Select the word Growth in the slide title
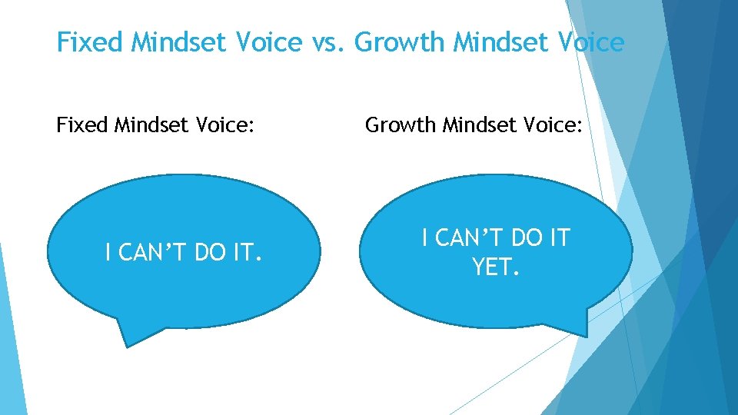coord(401,42)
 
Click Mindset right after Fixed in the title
coord(179,42)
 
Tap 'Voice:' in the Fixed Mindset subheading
coord(224,124)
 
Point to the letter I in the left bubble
coord(108,251)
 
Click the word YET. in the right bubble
coord(496,267)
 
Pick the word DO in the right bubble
coord(524,238)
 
